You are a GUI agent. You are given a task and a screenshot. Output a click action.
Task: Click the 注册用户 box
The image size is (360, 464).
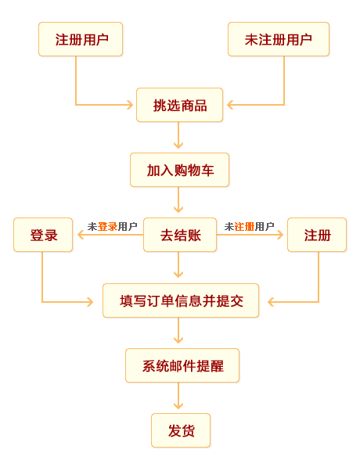(81, 39)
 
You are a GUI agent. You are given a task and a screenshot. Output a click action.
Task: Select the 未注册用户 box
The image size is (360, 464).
(278, 39)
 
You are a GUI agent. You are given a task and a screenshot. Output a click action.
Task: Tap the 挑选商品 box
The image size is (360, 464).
(179, 105)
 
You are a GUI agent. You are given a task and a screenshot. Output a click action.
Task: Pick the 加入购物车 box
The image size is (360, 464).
(179, 170)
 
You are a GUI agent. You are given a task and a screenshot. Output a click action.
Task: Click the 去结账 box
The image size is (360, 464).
(179, 235)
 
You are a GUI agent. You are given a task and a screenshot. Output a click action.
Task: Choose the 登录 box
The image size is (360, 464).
(43, 235)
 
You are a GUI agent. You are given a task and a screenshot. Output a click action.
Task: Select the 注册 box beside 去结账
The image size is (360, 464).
(317, 235)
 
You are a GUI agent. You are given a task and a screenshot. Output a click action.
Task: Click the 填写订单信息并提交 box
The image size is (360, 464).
(181, 300)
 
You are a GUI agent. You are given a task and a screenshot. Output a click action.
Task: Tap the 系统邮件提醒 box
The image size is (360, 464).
(182, 365)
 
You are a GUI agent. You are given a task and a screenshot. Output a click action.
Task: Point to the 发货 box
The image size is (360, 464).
(181, 430)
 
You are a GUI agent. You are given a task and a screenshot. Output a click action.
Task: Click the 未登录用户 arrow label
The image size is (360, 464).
(112, 227)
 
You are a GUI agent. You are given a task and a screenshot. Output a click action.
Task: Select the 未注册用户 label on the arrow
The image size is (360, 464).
(249, 227)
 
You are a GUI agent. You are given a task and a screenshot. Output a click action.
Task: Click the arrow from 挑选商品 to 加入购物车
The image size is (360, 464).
(178, 136)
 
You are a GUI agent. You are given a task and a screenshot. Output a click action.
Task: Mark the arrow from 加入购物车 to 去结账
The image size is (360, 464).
(178, 201)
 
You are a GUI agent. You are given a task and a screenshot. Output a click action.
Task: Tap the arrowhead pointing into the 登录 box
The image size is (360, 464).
(81, 235)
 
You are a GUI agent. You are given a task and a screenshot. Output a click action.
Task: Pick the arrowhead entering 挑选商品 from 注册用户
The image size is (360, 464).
(130, 104)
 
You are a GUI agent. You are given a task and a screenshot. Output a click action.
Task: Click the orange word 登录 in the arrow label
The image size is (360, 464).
(107, 227)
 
